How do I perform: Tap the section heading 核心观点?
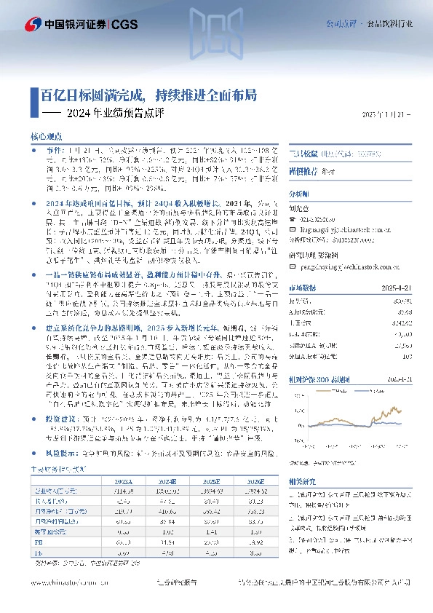tap(49, 135)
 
